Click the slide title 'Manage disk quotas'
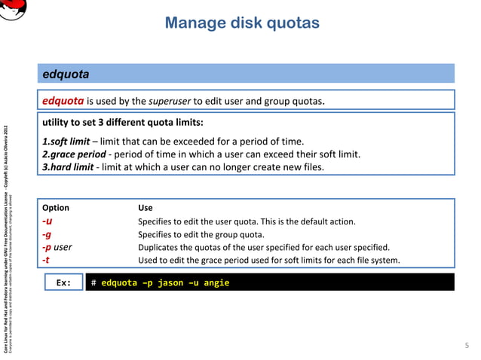pyautogui.click(x=242, y=23)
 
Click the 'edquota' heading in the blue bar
pyautogui.click(x=66, y=75)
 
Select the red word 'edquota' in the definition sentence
pyautogui.click(x=63, y=102)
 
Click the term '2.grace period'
pyautogui.click(x=74, y=154)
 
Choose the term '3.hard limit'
pyautogui.click(x=68, y=167)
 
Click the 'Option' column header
pyautogui.click(x=56, y=208)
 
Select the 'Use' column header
pyautogui.click(x=146, y=208)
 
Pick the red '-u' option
pyautogui.click(x=47, y=221)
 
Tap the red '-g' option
pyautogui.click(x=47, y=234)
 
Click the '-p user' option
pyautogui.click(x=57, y=247)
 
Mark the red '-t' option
pyautogui.click(x=46, y=260)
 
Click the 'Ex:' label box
pyautogui.click(x=63, y=283)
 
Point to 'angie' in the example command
pyautogui.click(x=214, y=283)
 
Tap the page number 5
pyautogui.click(x=467, y=344)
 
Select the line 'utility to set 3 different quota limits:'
pyautogui.click(x=123, y=122)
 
